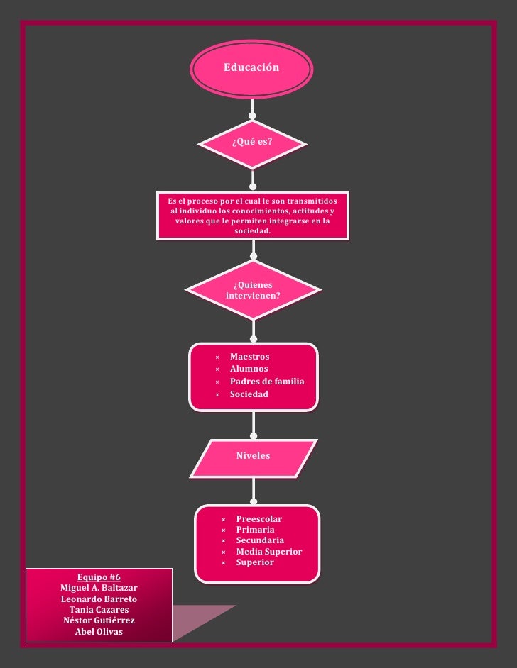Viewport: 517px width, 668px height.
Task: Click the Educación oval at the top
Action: point(251,68)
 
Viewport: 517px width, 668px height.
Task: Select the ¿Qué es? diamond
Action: point(252,142)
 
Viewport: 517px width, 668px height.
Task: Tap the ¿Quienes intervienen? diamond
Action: point(253,290)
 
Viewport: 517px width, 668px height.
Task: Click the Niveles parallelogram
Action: point(253,456)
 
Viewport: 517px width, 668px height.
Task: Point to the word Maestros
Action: point(249,357)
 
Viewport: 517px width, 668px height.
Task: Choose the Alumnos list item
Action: point(249,369)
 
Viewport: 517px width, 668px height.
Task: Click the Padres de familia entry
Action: point(266,382)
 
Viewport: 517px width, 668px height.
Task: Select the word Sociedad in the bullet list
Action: point(249,394)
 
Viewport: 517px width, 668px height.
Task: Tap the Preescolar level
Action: point(258,519)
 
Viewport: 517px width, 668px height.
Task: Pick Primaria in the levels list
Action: point(255,530)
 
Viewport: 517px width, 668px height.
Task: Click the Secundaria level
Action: point(260,540)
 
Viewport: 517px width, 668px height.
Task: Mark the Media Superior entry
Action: point(268,552)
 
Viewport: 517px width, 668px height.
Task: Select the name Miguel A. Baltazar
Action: point(99,589)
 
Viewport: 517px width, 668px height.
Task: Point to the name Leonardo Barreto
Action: point(99,599)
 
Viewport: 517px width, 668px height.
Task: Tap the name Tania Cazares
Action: point(99,610)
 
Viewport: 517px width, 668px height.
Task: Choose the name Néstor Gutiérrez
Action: point(99,620)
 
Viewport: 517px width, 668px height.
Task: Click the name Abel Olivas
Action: point(99,632)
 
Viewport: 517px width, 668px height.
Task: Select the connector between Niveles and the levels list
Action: point(253,491)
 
